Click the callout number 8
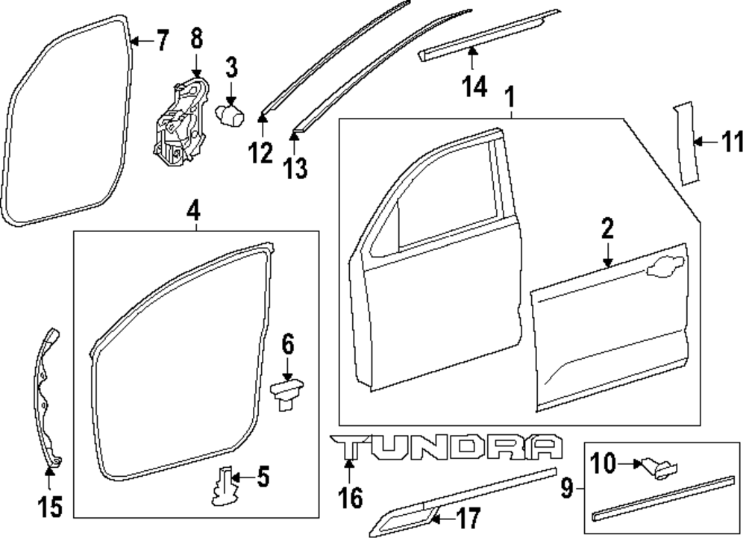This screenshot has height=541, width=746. click(x=196, y=37)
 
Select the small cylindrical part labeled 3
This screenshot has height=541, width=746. click(x=230, y=116)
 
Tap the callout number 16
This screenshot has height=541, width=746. click(x=349, y=496)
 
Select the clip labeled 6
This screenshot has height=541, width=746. click(x=287, y=393)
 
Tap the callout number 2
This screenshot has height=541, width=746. click(x=607, y=230)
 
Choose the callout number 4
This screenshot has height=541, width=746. click(x=193, y=211)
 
